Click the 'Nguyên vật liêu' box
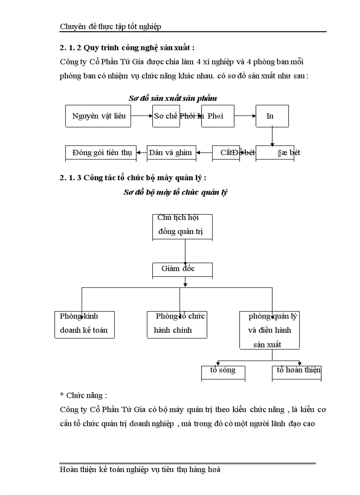98,116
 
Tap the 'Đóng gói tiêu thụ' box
101,153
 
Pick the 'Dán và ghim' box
171,153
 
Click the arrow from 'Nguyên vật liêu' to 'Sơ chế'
142,116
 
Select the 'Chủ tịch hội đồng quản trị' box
182,227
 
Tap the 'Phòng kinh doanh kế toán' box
84,324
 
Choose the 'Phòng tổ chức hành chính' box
177,324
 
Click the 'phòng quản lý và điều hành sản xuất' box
270,330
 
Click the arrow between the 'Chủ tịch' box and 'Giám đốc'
185,251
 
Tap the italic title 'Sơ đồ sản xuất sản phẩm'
172,98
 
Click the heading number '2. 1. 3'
70,178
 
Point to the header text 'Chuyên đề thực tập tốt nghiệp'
110,26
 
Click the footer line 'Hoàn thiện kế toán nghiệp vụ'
140,470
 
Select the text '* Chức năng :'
83,395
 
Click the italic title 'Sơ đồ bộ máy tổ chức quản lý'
175,193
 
